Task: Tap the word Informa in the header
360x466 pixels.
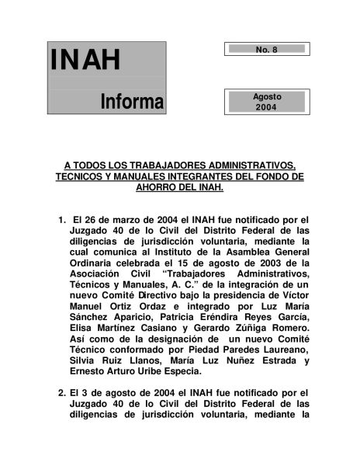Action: (132, 101)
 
